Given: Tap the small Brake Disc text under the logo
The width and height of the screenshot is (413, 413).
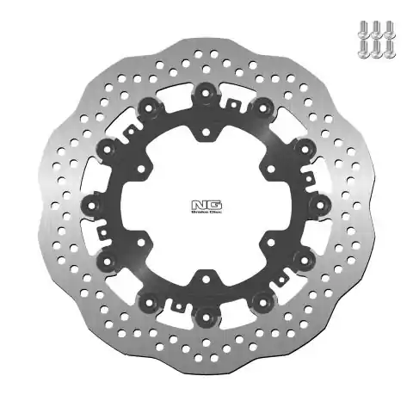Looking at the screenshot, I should (x=206, y=212).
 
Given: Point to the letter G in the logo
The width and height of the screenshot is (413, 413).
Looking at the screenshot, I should (x=211, y=203).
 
